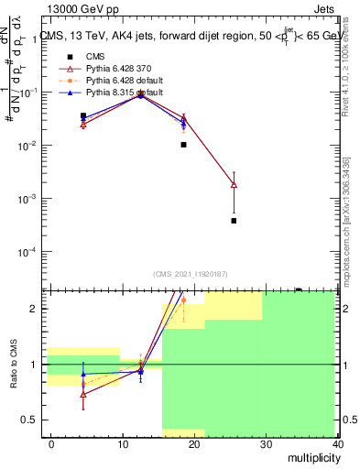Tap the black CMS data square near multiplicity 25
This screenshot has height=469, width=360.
234,221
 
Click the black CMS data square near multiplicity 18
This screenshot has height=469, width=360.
183,145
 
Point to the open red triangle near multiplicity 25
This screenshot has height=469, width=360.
234,185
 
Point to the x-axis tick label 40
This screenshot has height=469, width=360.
338,444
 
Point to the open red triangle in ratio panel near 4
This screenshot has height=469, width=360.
83,395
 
